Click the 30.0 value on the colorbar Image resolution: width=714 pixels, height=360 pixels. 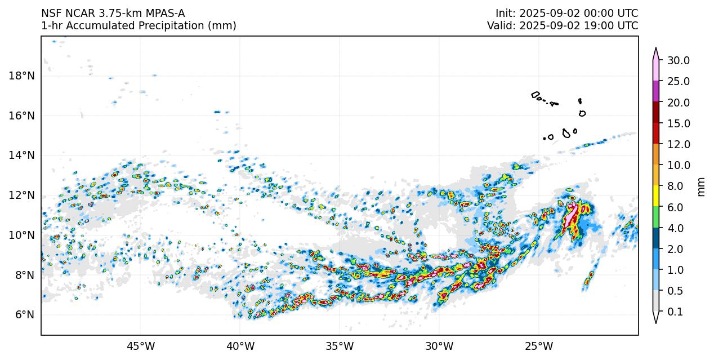678,61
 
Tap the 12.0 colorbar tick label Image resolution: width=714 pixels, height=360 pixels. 678,145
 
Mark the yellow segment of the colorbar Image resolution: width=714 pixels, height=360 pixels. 655,196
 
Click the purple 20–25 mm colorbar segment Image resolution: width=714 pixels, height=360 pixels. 655,91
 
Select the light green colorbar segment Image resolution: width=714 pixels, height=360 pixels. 655,217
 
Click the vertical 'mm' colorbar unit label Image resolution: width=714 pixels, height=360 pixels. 701,186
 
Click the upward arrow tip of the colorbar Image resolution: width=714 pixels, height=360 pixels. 655,50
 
